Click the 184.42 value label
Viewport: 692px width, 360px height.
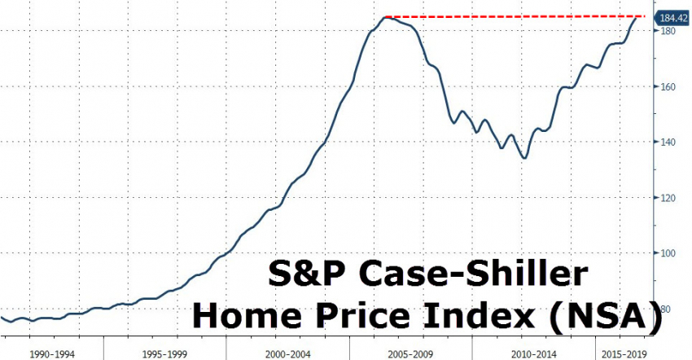(672, 16)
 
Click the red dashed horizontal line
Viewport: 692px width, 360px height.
(513, 16)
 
